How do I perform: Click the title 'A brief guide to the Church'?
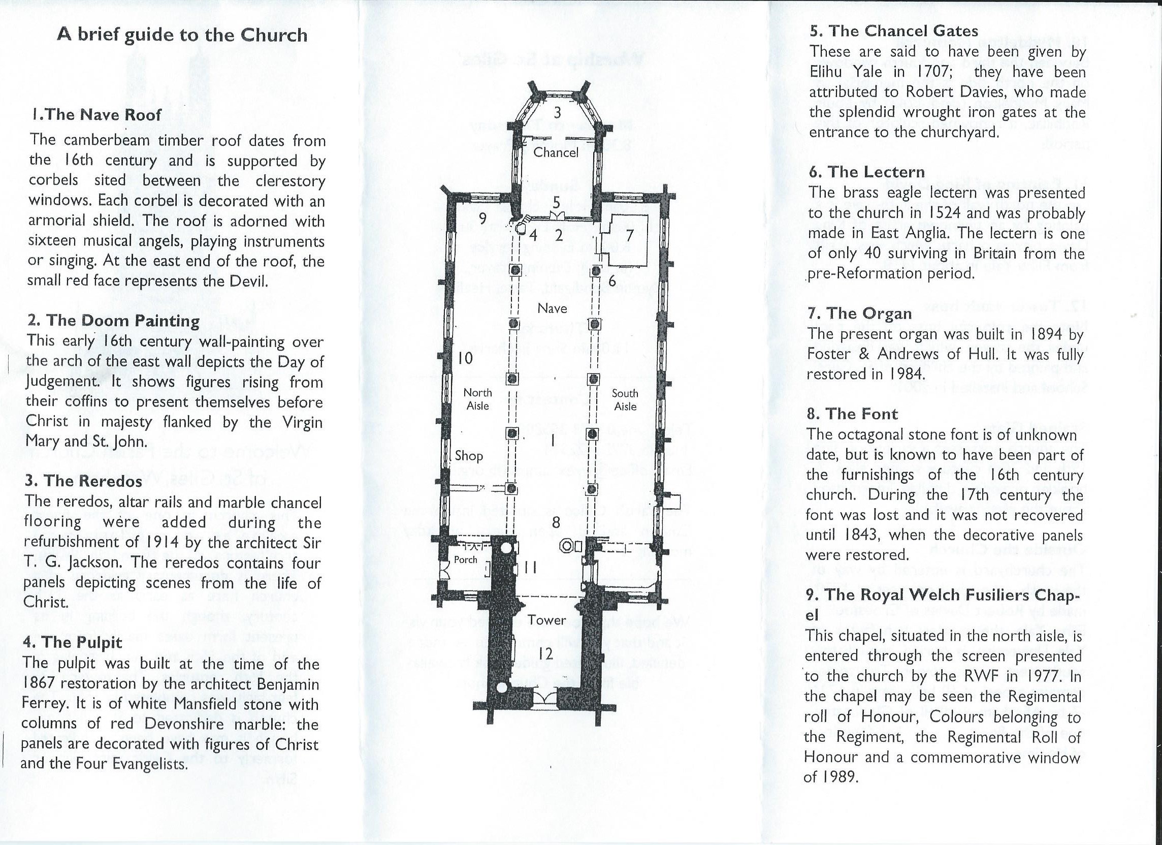182,36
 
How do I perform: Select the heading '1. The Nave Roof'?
96,115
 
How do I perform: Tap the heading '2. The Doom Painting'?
113,321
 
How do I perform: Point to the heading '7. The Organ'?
859,314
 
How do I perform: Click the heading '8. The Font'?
852,414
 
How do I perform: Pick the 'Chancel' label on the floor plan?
556,152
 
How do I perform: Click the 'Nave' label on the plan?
553,308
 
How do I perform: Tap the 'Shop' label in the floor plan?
469,456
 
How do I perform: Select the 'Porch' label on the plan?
465,560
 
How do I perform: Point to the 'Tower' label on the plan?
547,620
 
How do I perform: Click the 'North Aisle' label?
477,399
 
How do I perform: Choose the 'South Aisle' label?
625,399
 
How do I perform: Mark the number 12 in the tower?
546,654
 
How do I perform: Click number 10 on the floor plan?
465,358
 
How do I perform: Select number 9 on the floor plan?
482,218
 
